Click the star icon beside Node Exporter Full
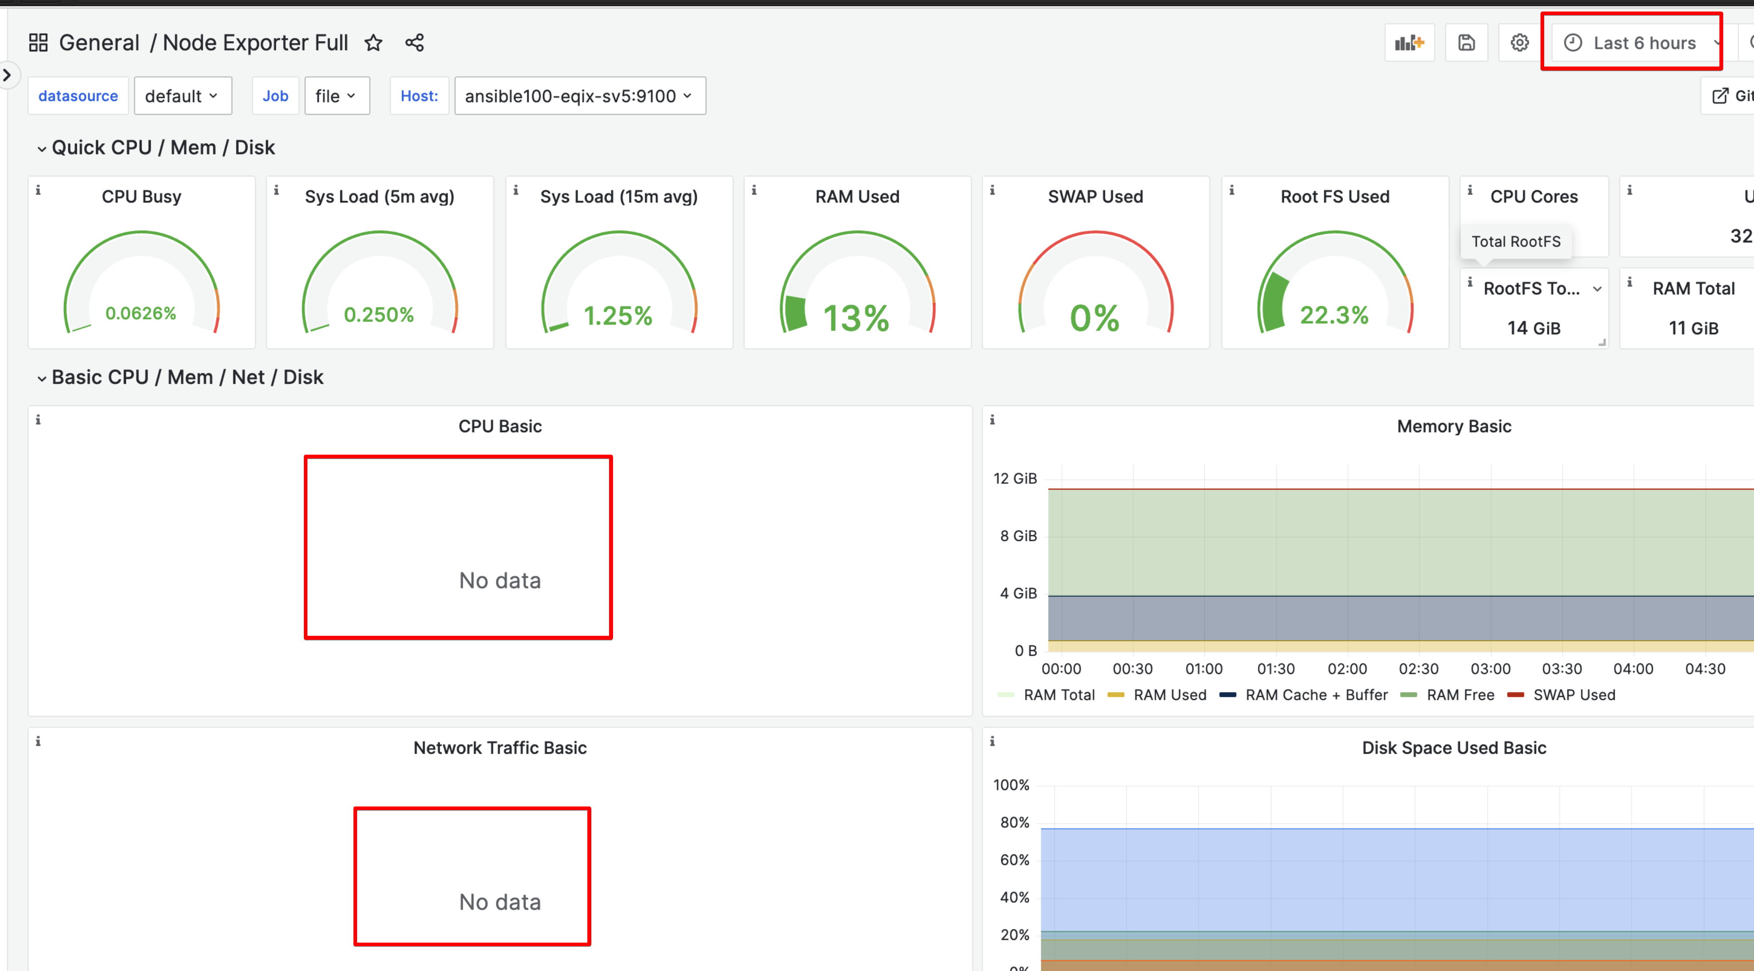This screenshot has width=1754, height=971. [x=373, y=43]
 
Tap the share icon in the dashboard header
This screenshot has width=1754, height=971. [x=415, y=43]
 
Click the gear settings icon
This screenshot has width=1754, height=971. [x=1519, y=43]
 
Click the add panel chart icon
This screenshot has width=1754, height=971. [x=1409, y=43]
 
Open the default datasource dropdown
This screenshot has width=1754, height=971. [x=182, y=96]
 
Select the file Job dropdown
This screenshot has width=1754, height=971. [x=336, y=96]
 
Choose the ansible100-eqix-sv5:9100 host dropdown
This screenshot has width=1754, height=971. [x=579, y=96]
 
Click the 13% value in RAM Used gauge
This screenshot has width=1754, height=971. [x=856, y=318]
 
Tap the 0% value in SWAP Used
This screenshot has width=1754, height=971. [x=1094, y=318]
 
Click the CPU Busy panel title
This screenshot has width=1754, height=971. [x=142, y=197]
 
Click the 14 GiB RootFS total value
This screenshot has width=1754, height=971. [x=1534, y=328]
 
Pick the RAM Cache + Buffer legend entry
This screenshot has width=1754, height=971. [x=1316, y=695]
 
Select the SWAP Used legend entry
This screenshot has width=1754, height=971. [x=1573, y=695]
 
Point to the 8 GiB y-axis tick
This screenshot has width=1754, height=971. [x=1018, y=536]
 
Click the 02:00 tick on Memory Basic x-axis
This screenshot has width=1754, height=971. [x=1347, y=669]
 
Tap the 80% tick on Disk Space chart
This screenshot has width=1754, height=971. [x=1015, y=822]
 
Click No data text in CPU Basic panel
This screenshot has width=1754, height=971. [x=500, y=580]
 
